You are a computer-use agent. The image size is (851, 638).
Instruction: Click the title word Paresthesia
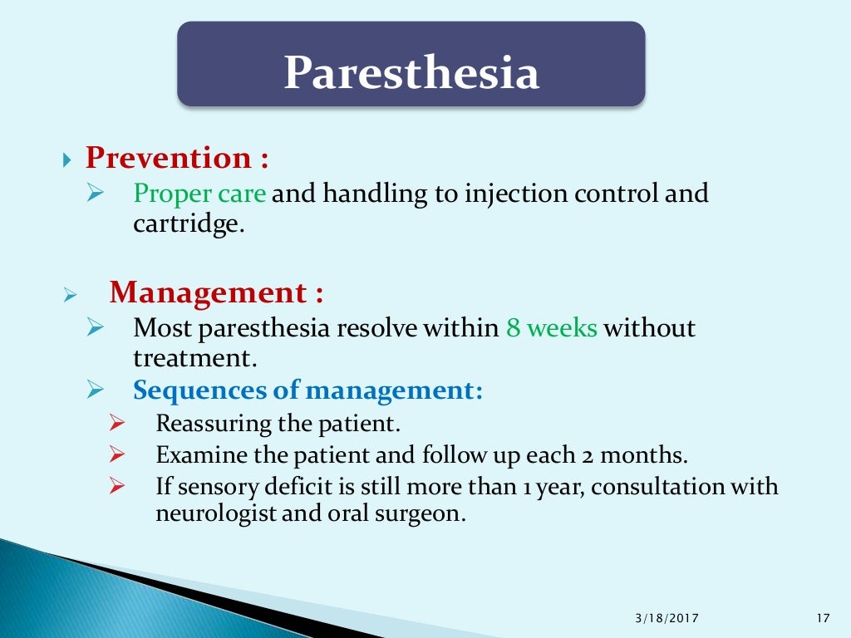coord(411,73)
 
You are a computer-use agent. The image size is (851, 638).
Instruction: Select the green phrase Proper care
coord(200,194)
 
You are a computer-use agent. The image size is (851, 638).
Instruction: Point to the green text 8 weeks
coord(552,328)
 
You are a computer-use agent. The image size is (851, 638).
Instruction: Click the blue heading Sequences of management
coord(308,390)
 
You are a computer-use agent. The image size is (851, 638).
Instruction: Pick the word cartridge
coord(188,224)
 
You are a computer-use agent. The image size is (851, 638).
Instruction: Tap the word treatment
coord(190,358)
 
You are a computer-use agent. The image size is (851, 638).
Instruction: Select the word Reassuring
coord(214,424)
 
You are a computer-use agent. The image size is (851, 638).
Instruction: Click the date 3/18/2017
coord(667,617)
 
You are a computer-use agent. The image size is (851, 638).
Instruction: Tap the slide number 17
coord(824,617)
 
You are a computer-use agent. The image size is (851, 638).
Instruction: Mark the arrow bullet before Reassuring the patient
coord(116,424)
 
